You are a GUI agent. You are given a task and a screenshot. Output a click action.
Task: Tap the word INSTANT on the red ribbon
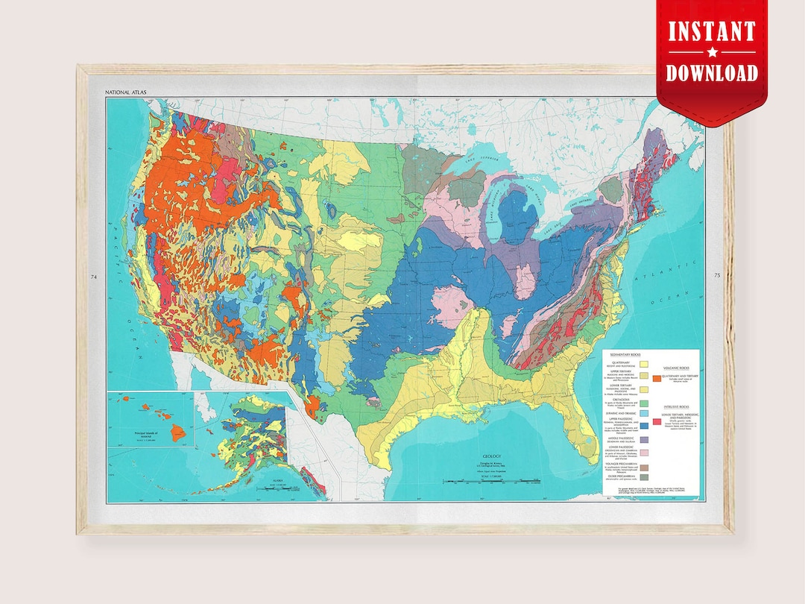click(x=711, y=31)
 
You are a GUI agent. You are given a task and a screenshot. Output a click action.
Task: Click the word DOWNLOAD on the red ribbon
click(x=712, y=73)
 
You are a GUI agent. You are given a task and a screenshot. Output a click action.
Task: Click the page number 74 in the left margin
click(x=94, y=277)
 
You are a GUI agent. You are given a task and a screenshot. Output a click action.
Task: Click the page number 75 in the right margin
click(x=716, y=277)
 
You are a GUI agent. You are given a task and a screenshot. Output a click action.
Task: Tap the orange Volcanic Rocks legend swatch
click(x=657, y=379)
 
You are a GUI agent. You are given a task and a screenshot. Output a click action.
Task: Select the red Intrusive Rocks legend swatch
click(x=657, y=421)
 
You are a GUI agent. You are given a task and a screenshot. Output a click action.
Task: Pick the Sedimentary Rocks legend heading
click(x=625, y=354)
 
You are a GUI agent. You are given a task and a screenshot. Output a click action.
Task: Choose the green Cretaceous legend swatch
click(x=644, y=403)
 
